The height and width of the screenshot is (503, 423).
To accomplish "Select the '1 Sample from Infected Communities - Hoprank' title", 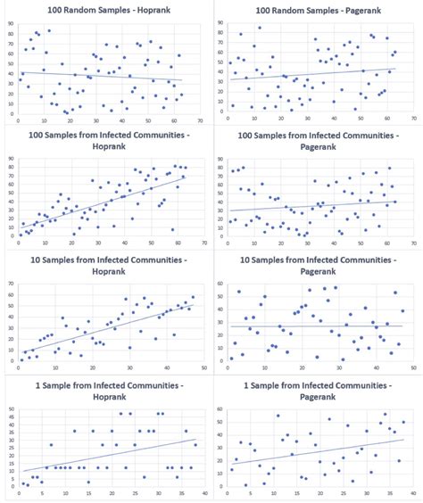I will click(105, 390).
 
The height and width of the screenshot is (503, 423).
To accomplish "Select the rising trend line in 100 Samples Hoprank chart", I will click(107, 207).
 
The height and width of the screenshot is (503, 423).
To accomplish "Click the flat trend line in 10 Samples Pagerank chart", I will click(312, 326).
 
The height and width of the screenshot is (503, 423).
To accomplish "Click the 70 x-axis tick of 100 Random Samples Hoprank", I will click(201, 120).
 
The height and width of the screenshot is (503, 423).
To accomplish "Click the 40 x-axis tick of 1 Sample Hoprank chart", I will click(203, 493).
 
